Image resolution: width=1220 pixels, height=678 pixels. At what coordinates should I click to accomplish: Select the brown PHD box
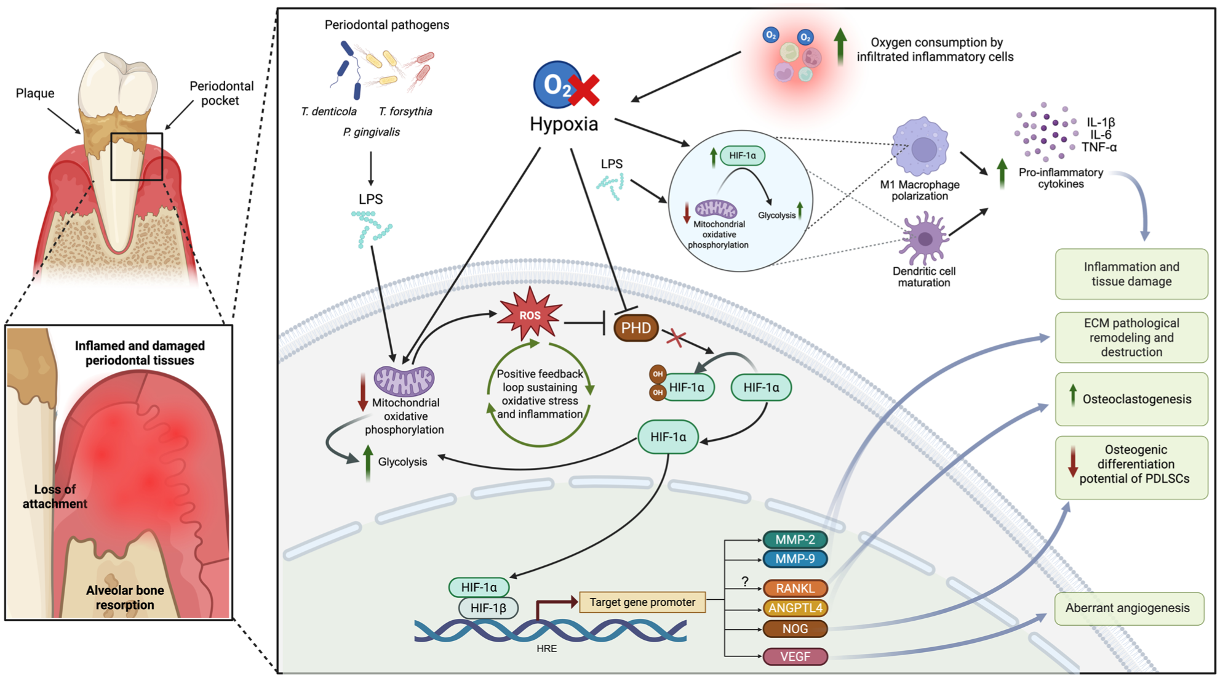point(636,328)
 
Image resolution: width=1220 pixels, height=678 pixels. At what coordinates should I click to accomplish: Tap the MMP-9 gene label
point(795,559)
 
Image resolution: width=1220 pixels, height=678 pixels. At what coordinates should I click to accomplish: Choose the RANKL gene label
point(795,588)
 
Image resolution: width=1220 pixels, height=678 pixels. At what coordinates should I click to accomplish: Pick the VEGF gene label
point(795,656)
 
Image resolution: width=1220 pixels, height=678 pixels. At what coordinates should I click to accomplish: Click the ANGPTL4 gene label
point(795,608)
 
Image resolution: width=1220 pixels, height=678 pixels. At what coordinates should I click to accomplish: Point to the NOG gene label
point(795,629)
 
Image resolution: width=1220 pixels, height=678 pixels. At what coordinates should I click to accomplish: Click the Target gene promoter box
point(642,602)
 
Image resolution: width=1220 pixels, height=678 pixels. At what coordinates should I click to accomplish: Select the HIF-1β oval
point(488,608)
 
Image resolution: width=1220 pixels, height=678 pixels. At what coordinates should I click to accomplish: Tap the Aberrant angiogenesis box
point(1129,608)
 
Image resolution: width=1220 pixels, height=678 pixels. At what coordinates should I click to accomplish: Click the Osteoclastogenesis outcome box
point(1131,399)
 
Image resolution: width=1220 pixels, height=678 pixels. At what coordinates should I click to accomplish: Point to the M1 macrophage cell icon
point(921,148)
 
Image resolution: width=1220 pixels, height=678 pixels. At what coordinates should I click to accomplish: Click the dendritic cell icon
point(924,238)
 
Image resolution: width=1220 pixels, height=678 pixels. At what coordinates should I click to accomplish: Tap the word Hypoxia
point(564,124)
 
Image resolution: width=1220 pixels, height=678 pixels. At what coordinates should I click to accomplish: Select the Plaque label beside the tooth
point(35,94)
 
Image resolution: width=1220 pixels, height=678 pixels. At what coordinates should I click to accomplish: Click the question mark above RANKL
point(745,581)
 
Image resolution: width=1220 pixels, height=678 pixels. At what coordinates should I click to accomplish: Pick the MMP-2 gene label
point(795,539)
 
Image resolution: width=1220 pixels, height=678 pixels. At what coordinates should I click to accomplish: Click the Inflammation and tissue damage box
point(1131,274)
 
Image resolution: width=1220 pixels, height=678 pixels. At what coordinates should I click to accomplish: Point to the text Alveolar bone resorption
point(125,597)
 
